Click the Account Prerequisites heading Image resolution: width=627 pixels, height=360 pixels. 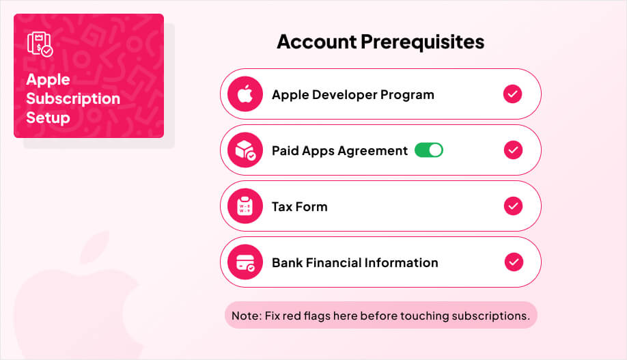click(x=380, y=42)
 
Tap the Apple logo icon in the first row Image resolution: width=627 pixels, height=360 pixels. click(x=245, y=94)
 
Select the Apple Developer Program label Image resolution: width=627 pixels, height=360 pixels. click(x=352, y=94)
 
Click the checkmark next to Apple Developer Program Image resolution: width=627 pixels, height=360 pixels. click(x=512, y=94)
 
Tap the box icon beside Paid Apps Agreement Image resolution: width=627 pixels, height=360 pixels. click(x=245, y=150)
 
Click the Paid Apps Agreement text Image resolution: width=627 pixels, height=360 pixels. click(x=339, y=150)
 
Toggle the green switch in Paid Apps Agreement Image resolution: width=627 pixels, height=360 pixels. click(x=429, y=150)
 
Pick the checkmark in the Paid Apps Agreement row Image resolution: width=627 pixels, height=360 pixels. click(x=512, y=150)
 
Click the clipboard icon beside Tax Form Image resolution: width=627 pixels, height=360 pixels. click(x=245, y=206)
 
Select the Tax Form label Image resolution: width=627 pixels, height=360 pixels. click(x=299, y=206)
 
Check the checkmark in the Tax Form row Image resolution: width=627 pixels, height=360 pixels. click(x=512, y=206)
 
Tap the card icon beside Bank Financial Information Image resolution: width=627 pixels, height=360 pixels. click(x=245, y=262)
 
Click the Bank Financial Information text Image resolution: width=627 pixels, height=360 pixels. click(x=354, y=262)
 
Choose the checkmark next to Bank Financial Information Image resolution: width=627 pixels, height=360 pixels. click(x=513, y=262)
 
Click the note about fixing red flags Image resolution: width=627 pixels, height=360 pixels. click(x=381, y=316)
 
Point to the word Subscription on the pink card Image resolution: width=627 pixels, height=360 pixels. click(x=73, y=98)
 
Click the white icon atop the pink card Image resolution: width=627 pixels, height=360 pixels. click(x=39, y=44)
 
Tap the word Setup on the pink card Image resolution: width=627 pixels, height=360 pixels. click(x=48, y=117)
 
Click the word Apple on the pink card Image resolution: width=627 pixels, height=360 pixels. click(x=48, y=79)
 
